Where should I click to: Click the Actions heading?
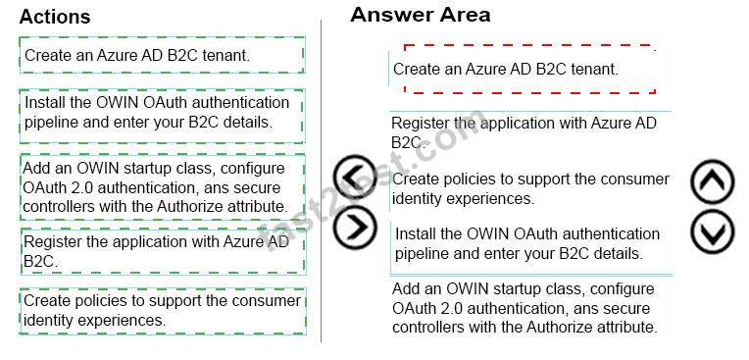[x=55, y=17]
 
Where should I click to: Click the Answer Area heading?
[x=421, y=15]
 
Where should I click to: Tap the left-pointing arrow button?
[x=356, y=178]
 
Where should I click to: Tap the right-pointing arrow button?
[x=356, y=228]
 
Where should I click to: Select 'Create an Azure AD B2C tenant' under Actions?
[x=162, y=55]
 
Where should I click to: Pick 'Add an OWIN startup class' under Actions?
[x=163, y=187]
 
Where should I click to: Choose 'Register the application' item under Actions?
[x=163, y=251]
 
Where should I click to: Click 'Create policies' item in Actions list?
[x=163, y=311]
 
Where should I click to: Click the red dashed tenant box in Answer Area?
[x=529, y=69]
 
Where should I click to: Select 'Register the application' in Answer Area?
[x=530, y=132]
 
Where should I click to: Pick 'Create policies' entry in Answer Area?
[x=530, y=188]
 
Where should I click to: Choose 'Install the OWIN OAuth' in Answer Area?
[x=531, y=244]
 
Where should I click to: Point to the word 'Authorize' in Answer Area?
[x=557, y=328]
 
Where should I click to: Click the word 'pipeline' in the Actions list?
[x=52, y=123]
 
